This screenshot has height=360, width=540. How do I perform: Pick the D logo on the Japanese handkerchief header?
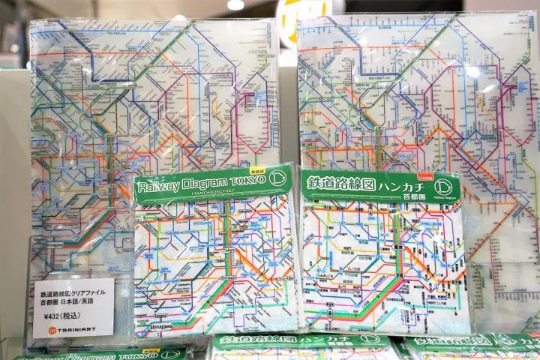[444, 187]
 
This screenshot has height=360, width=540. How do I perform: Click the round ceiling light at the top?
[235, 4]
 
